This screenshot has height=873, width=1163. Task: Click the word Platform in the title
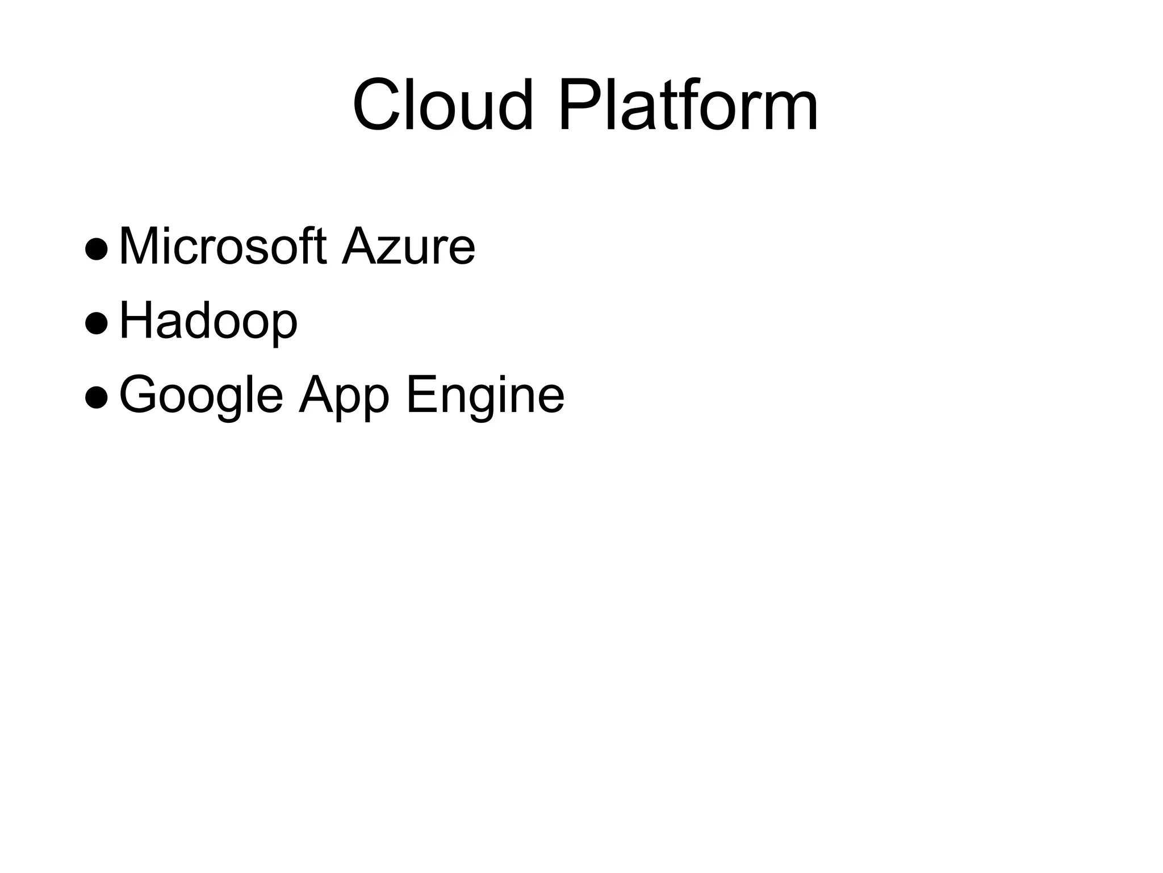coord(688,106)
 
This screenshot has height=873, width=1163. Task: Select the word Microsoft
coord(223,247)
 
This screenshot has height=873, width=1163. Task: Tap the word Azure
coord(408,247)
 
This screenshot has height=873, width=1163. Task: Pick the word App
coord(344,396)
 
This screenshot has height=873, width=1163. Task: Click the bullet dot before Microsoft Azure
coord(95,249)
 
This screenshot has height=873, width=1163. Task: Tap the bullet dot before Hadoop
coord(95,323)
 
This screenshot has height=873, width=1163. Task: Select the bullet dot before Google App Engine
coord(95,397)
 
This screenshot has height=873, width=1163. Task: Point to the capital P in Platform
coord(580,106)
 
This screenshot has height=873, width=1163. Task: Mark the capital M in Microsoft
coord(140,247)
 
